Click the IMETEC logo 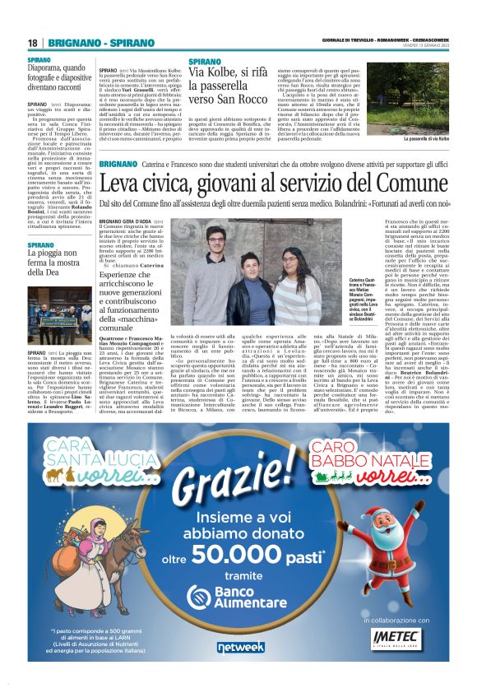point(399,635)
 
